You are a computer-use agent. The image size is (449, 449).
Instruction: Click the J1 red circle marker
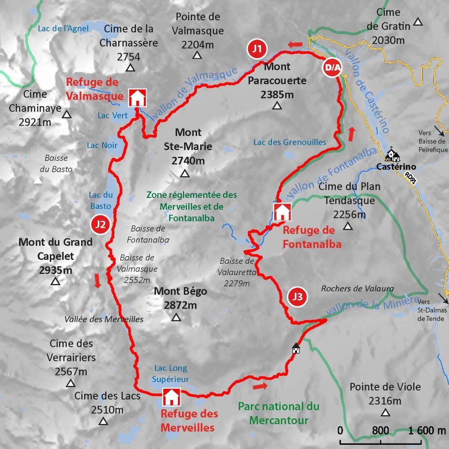257,49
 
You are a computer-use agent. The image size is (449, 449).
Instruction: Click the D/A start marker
332,68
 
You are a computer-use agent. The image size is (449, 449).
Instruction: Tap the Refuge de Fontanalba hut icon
282,212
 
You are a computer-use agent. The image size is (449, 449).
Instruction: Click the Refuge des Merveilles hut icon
171,397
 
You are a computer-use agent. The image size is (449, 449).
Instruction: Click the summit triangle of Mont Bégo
176,318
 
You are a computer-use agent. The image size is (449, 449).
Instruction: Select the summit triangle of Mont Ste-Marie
185,174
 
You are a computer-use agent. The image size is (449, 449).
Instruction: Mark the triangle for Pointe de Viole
385,412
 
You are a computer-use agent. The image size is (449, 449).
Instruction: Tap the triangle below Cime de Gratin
418,22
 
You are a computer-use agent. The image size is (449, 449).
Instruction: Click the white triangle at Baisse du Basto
38,180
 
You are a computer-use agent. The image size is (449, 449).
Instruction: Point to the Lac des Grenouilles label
290,142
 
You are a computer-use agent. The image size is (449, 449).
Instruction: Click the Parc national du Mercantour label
279,413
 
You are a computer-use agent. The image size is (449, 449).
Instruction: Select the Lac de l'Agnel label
63,28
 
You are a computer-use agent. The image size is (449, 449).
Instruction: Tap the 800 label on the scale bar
380,430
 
